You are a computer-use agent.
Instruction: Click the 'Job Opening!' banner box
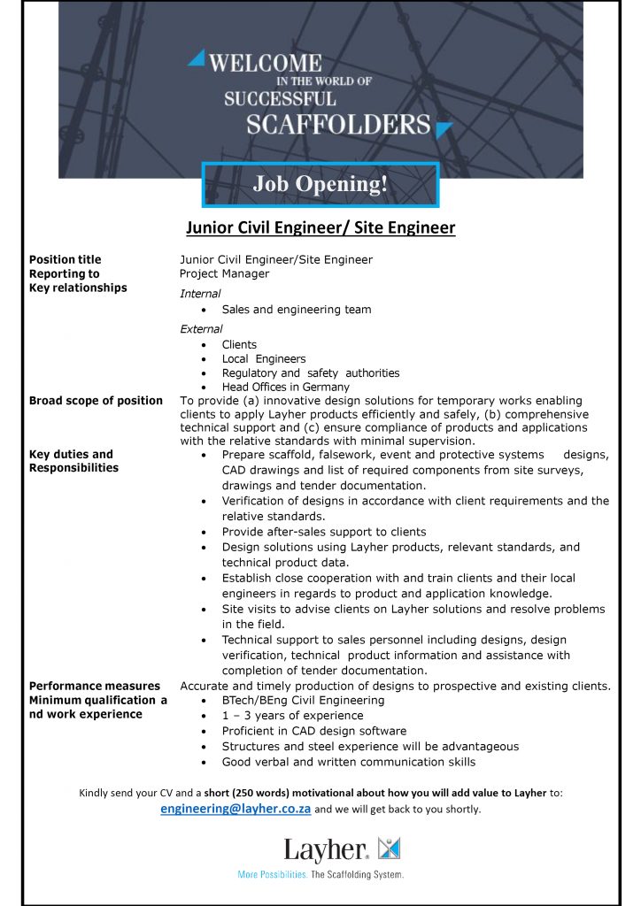pos(320,184)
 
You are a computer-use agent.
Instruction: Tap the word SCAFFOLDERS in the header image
pos(338,124)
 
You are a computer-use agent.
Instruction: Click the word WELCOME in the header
pos(265,63)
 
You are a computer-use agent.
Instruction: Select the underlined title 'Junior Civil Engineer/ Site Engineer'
pos(320,228)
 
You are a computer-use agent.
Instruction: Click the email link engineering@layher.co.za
pos(236,810)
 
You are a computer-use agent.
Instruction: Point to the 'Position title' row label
pos(66,259)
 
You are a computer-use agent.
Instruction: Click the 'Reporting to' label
pos(65,273)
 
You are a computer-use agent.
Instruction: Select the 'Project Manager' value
pos(224,273)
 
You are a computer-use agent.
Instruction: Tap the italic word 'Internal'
pos(200,294)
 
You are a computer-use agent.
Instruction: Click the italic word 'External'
pos(201,329)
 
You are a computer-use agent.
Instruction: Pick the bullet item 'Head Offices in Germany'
pos(285,387)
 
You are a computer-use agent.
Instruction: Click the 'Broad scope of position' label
pos(96,401)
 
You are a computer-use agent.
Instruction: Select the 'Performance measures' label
pos(95,686)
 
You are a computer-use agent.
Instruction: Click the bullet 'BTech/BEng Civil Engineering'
pos(303,700)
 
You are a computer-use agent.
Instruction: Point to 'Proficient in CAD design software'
pos(314,731)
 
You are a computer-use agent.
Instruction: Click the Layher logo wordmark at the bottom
pos(326,851)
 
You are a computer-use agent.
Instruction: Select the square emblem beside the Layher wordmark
pos(390,848)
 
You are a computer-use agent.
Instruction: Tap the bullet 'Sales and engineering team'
pos(297,310)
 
